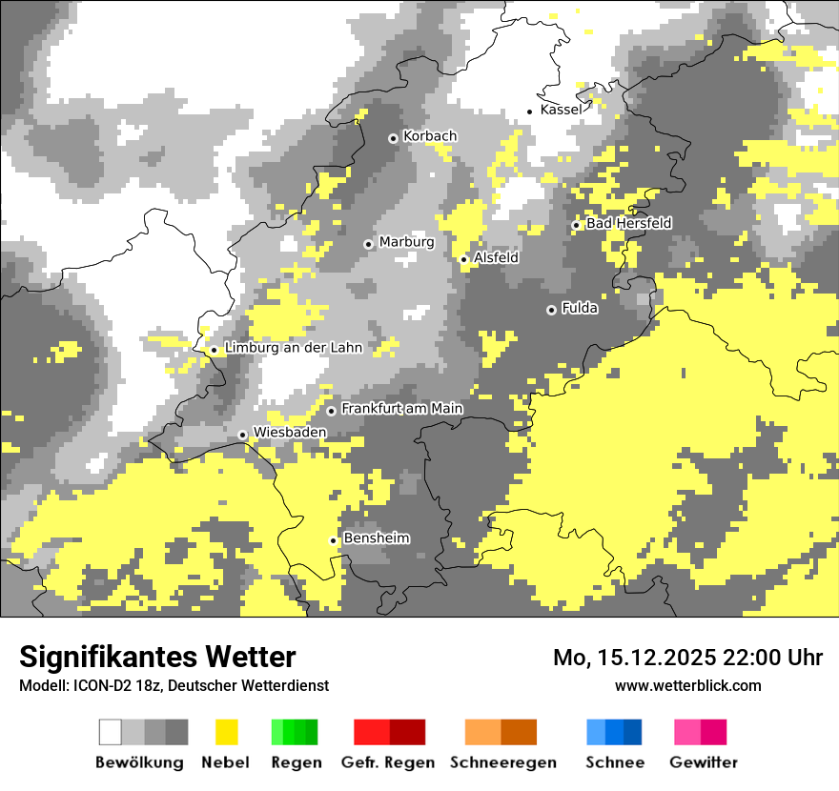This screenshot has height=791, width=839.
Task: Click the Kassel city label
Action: coord(560,110)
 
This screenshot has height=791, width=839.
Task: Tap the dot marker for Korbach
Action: coord(393,138)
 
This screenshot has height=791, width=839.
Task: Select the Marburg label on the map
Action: coord(406,242)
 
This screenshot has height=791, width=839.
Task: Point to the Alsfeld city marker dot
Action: coord(464,259)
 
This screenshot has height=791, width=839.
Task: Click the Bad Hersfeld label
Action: coord(628,223)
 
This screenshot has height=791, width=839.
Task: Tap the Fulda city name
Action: coord(580,308)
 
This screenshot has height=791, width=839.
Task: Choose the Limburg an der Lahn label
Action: coord(293,348)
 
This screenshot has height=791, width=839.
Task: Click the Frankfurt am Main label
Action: coord(401,409)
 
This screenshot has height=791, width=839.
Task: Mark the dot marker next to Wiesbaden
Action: coord(243,435)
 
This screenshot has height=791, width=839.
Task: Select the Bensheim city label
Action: coord(376,538)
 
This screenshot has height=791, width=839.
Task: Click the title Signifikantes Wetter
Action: coord(157,657)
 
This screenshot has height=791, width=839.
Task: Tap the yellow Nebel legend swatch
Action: coord(226,732)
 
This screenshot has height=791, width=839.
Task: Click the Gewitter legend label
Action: coord(703,762)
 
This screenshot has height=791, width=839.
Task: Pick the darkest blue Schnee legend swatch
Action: coord(632,732)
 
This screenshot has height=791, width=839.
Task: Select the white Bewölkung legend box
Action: coord(111,732)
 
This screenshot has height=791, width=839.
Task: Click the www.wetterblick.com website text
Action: coord(687,685)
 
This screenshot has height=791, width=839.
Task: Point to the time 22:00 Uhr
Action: coord(773,658)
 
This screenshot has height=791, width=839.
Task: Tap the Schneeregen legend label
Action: coord(502,762)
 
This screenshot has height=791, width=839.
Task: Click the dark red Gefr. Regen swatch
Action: coord(407,732)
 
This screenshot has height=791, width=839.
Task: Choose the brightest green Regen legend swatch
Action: coord(277,732)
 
